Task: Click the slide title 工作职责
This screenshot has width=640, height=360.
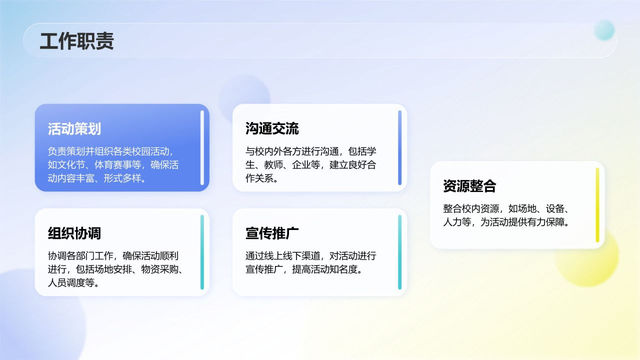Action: (76, 41)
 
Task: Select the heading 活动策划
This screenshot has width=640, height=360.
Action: (74, 128)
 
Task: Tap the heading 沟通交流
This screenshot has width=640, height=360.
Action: (272, 128)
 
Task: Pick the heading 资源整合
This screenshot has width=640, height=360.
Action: (469, 186)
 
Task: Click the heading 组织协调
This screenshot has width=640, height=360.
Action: (74, 233)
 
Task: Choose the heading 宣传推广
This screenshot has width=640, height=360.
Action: (272, 233)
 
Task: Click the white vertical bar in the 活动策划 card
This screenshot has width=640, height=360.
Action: (202, 147)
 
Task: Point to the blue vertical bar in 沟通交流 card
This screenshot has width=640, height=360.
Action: (400, 147)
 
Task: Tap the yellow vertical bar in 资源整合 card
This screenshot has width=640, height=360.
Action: (597, 205)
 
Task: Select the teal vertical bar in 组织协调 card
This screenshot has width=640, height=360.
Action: (202, 252)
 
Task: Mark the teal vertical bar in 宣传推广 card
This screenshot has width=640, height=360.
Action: (400, 252)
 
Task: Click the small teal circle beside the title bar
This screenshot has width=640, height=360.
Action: (604, 30)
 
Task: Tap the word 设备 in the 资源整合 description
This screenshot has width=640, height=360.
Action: (555, 208)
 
